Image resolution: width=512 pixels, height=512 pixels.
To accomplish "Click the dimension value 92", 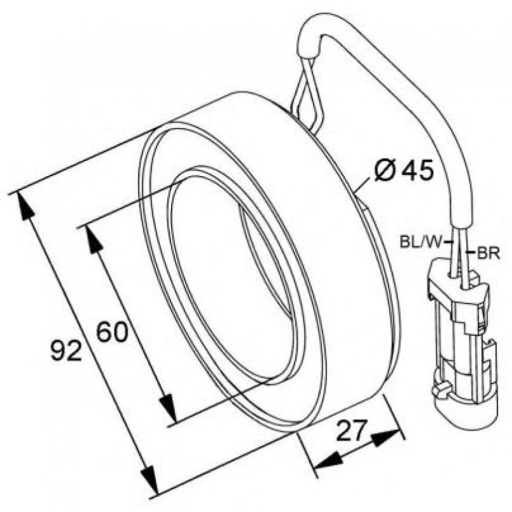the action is pos(66,350).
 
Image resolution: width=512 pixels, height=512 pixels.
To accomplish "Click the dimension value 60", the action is pos(113,332).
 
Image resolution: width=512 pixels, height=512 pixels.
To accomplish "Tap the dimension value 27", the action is pos(350,430).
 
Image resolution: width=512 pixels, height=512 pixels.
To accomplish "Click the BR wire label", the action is pos(488,254).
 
